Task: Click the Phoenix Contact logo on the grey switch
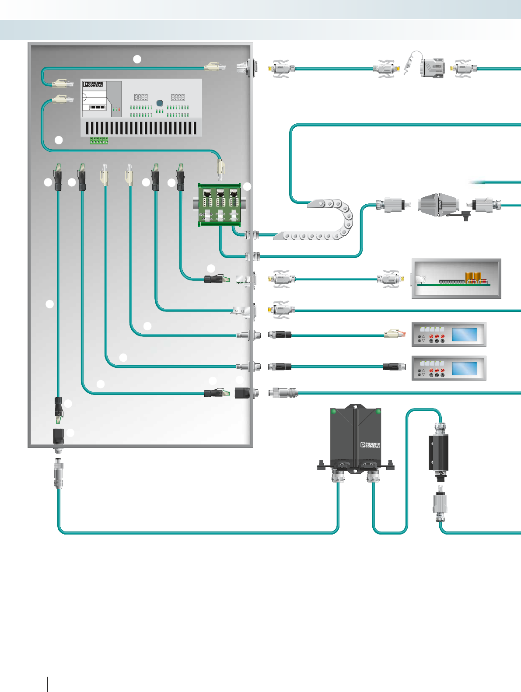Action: coord(93,84)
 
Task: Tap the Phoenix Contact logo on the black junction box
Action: coord(370,445)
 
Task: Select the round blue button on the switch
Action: coord(160,103)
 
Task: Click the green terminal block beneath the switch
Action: coord(99,140)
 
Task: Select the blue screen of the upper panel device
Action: coord(464,334)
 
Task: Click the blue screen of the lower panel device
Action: coord(464,368)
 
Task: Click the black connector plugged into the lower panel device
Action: coord(391,367)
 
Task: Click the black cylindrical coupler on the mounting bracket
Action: coord(438,452)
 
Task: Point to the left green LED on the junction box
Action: coord(334,411)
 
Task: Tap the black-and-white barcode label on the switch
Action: coord(97,107)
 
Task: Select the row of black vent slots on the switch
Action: coord(141,128)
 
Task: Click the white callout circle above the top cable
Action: coord(137,59)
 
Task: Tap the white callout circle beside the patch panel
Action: coord(247,187)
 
